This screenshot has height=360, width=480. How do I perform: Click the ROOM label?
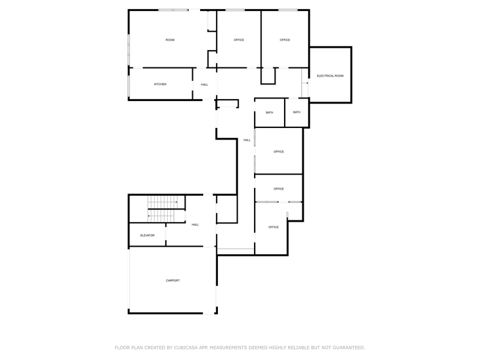pyautogui.click(x=170, y=40)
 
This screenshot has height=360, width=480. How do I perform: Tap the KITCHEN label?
pyautogui.click(x=160, y=84)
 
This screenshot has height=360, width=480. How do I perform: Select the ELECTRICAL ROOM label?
pyautogui.click(x=330, y=76)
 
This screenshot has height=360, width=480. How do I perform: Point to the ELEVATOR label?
pyautogui.click(x=147, y=235)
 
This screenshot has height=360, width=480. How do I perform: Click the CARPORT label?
pyautogui.click(x=173, y=280)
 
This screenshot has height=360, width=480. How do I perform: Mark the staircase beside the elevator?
pyautogui.click(x=162, y=208)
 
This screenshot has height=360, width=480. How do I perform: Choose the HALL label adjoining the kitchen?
pyautogui.click(x=204, y=84)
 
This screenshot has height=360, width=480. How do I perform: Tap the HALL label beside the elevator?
pyautogui.click(x=195, y=225)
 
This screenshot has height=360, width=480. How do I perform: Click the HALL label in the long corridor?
pyautogui.click(x=247, y=140)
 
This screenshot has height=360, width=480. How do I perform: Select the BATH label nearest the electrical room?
pyautogui.click(x=297, y=112)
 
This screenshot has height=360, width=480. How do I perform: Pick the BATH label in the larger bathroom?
pyautogui.click(x=269, y=113)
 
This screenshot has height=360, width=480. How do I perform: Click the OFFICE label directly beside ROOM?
pyautogui.click(x=239, y=40)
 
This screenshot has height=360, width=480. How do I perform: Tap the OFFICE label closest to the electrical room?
pyautogui.click(x=285, y=40)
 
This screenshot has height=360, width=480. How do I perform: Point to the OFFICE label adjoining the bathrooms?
pyautogui.click(x=279, y=151)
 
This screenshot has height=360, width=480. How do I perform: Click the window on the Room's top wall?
pyautogui.click(x=173, y=10)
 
